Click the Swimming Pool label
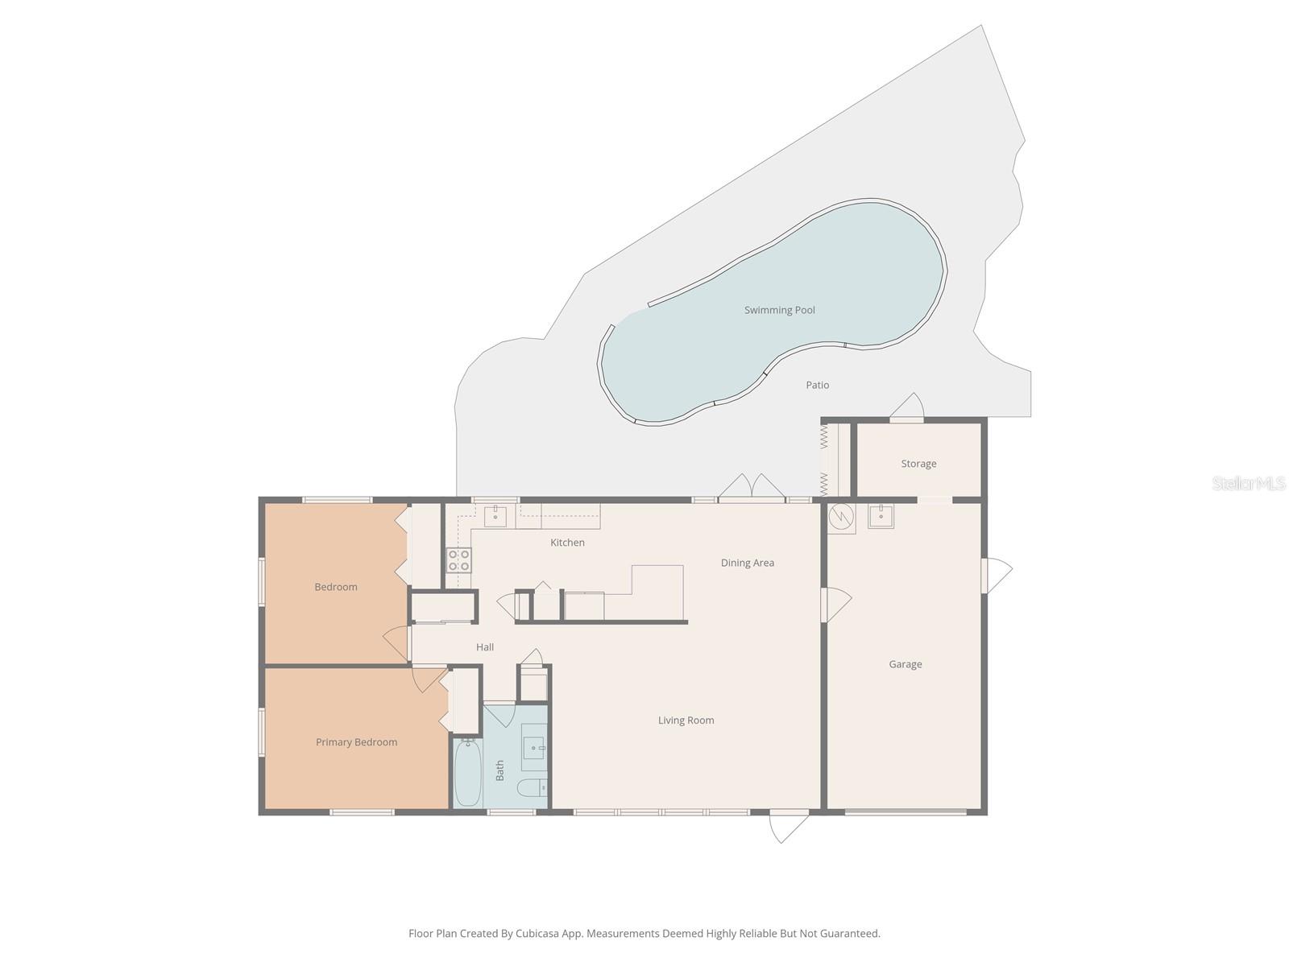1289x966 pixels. pyautogui.click(x=779, y=310)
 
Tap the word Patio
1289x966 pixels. pyautogui.click(x=818, y=385)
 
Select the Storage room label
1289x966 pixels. pyautogui.click(x=918, y=464)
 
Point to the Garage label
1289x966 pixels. pyautogui.click(x=905, y=665)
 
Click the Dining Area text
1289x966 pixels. pyautogui.click(x=748, y=563)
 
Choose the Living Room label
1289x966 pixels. pyautogui.click(x=686, y=720)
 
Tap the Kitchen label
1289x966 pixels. pyautogui.click(x=567, y=543)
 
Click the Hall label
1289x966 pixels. pyautogui.click(x=484, y=647)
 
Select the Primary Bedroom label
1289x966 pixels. pyautogui.click(x=356, y=742)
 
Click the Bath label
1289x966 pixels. pyautogui.click(x=499, y=770)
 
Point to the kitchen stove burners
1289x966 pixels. pyautogui.click(x=458, y=560)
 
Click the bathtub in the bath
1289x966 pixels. pyautogui.click(x=468, y=772)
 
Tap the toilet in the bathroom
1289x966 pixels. pyautogui.click(x=532, y=788)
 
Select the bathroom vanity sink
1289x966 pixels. pyautogui.click(x=534, y=748)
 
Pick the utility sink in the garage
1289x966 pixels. pyautogui.click(x=881, y=516)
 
